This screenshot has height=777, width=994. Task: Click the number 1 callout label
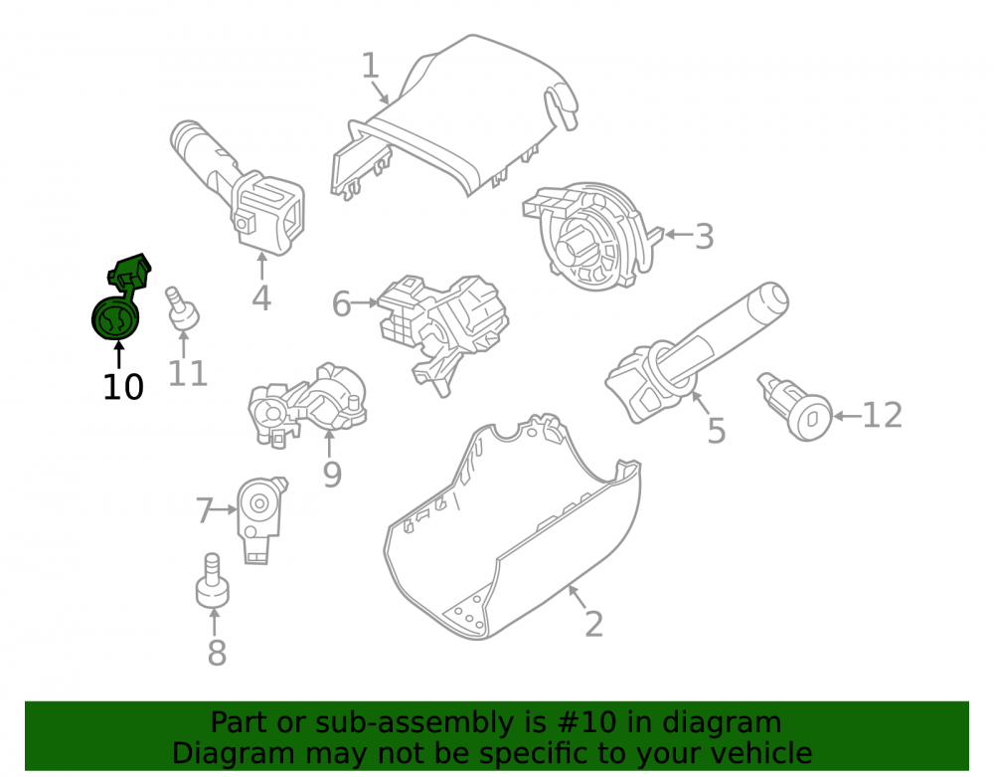[x=370, y=66]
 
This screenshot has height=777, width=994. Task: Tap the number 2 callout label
[x=593, y=624]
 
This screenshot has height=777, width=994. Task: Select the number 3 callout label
[x=705, y=236]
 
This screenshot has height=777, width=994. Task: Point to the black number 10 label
[x=123, y=387]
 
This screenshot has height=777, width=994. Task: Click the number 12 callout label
[x=883, y=416]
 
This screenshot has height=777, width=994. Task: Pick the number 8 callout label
[x=217, y=653]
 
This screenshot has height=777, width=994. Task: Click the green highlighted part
[x=120, y=296]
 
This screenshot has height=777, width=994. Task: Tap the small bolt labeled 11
[x=182, y=308]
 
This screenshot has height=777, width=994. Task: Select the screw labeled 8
[x=213, y=580]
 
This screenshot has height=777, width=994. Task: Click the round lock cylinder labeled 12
[x=796, y=407]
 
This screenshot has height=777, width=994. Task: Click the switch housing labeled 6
[x=442, y=331]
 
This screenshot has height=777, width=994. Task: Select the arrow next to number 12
[x=847, y=416]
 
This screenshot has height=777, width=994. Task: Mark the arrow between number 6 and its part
[x=365, y=303]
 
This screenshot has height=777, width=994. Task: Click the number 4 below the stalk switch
[x=261, y=297]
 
